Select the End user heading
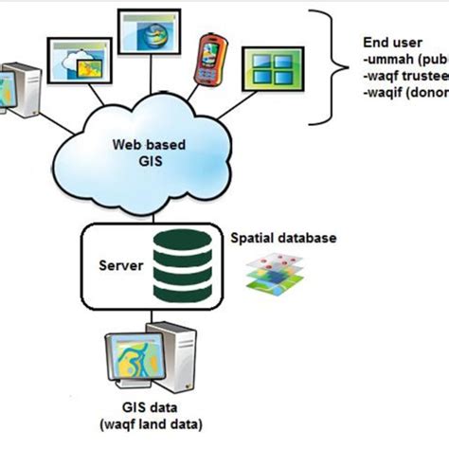point(391,43)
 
